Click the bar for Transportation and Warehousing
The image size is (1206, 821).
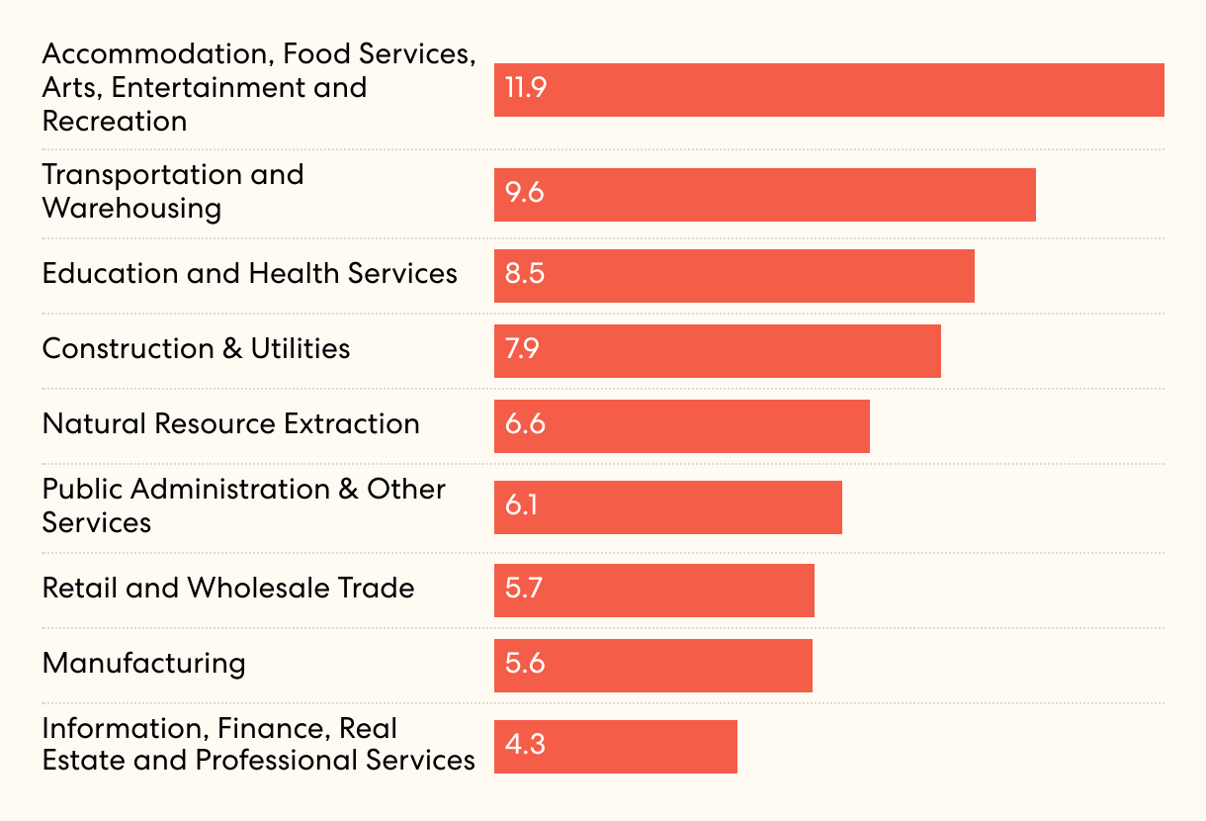click(764, 195)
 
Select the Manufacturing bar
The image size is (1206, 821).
click(652, 666)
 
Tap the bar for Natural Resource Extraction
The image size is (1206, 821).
click(681, 426)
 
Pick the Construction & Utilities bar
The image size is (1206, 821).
click(717, 351)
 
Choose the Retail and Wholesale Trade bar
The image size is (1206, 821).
click(653, 591)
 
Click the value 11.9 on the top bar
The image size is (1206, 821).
click(525, 89)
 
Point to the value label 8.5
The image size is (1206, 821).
click(525, 274)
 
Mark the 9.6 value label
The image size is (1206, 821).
click(525, 193)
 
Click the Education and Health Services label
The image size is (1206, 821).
click(249, 274)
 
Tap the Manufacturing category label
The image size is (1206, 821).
click(143, 663)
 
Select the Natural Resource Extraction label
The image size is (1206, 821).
click(230, 424)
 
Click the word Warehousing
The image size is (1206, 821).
click(131, 209)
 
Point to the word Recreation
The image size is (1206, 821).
click(114, 122)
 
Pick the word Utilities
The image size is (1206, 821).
click(300, 349)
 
